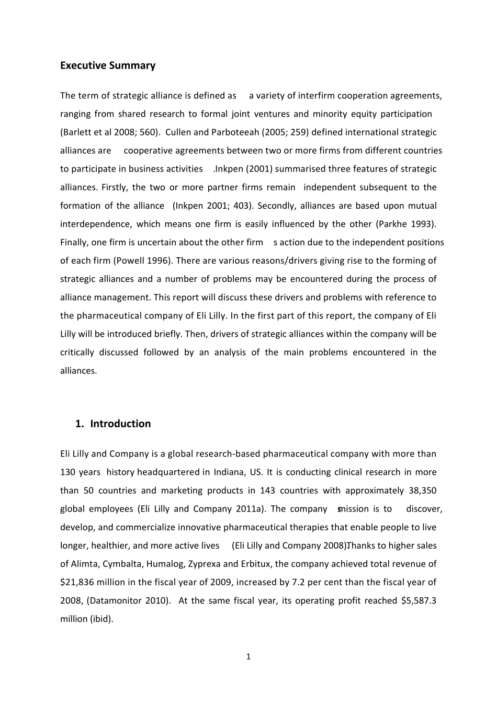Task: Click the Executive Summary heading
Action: [108, 65]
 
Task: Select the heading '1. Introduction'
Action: [113, 424]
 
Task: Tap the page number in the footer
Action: [249, 656]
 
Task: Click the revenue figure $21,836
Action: [76, 582]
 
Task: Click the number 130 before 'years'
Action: [67, 472]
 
